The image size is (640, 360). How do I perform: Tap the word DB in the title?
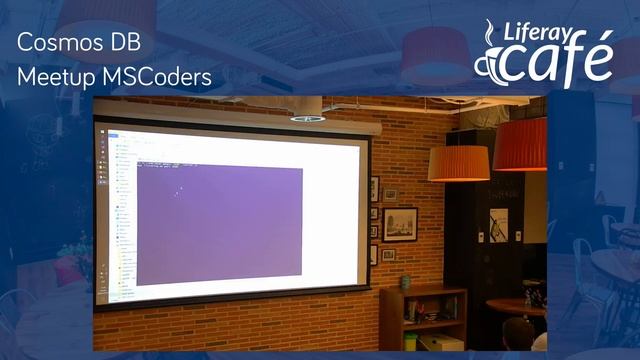click(123, 43)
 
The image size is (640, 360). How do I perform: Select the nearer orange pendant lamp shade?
click(459, 162)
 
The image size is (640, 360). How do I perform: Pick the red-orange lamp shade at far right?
click(521, 145)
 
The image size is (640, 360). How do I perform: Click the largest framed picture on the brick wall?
click(400, 223)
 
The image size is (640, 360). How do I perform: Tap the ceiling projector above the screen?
click(307, 118)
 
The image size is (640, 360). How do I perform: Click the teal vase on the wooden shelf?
click(405, 283)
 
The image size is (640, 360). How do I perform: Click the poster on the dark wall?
click(497, 224)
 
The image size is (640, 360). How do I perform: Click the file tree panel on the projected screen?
click(123, 215)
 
